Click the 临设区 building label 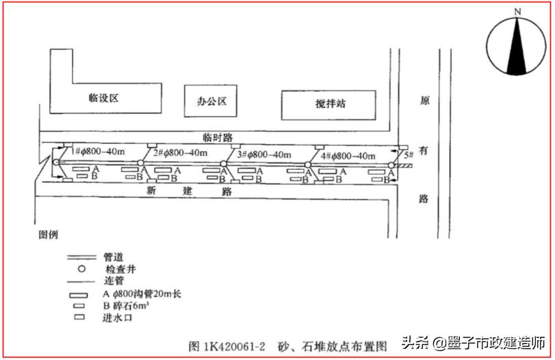(x=104, y=98)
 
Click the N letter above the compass (x=517, y=12)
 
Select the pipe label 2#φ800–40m (x=180, y=153)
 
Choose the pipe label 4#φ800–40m (x=347, y=155)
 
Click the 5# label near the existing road (x=408, y=157)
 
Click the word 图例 (x=48, y=234)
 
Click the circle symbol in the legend (x=80, y=268)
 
